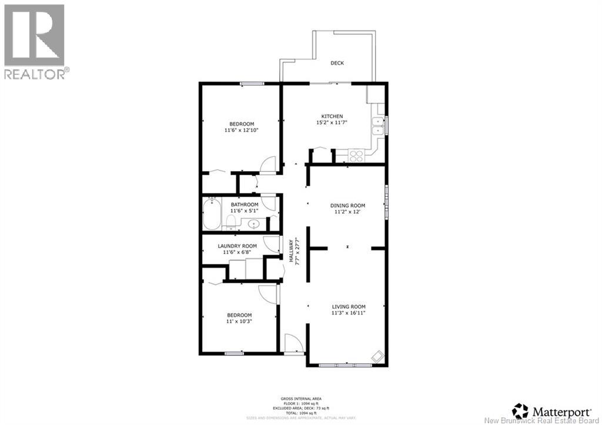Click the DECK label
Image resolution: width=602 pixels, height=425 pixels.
coord(337,63)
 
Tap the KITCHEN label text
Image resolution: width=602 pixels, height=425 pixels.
coord(332,116)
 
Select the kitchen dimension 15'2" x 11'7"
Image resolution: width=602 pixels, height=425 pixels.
coord(332,123)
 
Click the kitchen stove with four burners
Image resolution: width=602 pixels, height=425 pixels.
coord(356,156)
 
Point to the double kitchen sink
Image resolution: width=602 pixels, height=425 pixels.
coord(376,126)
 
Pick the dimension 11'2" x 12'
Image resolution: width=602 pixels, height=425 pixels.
coord(347,212)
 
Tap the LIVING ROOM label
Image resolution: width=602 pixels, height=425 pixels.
coord(349,307)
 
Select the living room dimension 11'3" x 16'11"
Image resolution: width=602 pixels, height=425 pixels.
coord(349,313)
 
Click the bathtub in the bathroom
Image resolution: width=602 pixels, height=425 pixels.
coord(212,215)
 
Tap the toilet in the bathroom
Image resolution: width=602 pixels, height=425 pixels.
coord(231,222)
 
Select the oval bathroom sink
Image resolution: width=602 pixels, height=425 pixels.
coord(255,223)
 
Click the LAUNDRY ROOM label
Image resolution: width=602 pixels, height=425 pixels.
coord(237,246)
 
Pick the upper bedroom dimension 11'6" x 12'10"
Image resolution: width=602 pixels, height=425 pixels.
coord(242,130)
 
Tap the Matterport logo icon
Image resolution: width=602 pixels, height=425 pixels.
coord(520,409)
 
